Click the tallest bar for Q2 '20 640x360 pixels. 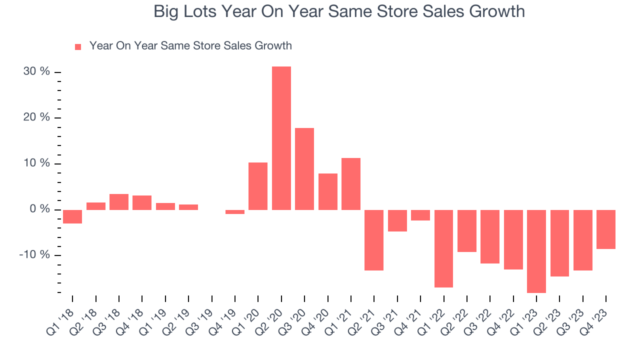click(281, 138)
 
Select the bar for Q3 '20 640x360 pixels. click(304, 169)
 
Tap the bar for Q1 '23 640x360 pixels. click(536, 251)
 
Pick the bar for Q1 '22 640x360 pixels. click(443, 248)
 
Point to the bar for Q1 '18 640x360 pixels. click(72, 216)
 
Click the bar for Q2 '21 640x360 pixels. click(374, 240)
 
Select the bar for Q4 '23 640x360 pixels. click(606, 229)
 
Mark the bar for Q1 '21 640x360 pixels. click(351, 184)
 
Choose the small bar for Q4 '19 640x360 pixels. click(235, 212)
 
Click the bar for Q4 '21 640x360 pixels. click(420, 215)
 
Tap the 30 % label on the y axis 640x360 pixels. click(36, 72)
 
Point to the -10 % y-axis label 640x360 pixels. click(34, 255)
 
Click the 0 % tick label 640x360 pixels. click(39, 209)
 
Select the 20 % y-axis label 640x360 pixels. click(36, 117)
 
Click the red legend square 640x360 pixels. click(78, 47)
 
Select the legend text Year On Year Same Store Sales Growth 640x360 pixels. click(190, 46)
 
